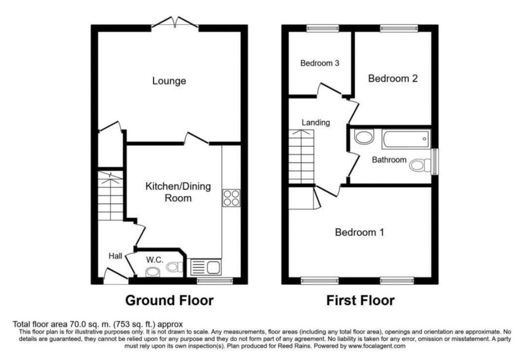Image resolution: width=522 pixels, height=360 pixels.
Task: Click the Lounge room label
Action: (x=169, y=81)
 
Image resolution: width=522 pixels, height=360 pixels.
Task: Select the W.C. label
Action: (x=154, y=260)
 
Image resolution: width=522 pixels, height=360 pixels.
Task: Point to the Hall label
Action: (x=115, y=256)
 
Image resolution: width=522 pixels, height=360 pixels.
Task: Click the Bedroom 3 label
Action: (x=320, y=64)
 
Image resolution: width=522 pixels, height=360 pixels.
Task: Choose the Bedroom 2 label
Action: (x=393, y=79)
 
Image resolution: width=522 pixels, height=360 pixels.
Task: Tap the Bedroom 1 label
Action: (x=359, y=233)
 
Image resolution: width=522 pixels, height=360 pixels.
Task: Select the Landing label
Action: (x=316, y=122)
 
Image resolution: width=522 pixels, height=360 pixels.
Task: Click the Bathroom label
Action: (x=388, y=160)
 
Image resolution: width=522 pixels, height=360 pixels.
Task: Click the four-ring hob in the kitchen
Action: (x=230, y=198)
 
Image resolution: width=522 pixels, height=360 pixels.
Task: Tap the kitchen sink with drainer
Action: (x=205, y=267)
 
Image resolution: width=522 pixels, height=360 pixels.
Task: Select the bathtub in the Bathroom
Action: (x=406, y=139)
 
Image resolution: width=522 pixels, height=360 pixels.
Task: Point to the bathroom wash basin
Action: (x=363, y=137)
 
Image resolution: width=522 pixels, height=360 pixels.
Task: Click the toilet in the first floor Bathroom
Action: (x=421, y=164)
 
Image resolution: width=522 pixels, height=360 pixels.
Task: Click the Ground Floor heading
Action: (x=169, y=300)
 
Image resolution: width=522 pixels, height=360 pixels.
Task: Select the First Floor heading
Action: (x=360, y=300)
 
